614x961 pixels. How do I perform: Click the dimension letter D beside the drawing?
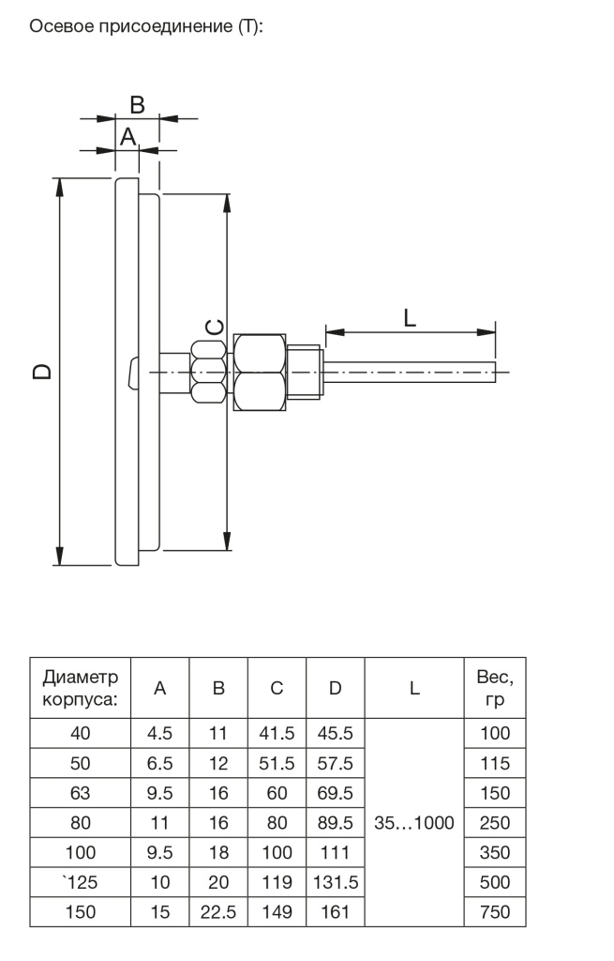(41, 372)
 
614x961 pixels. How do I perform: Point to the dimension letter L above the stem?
(410, 317)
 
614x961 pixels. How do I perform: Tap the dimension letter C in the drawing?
(215, 328)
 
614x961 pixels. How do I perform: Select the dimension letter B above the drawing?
(137, 105)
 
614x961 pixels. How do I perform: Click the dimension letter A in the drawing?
(127, 136)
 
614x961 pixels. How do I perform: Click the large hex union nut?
(260, 372)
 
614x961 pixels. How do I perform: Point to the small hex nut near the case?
(209, 372)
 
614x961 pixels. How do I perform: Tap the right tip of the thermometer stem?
(495, 372)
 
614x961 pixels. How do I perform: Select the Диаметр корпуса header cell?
(81, 688)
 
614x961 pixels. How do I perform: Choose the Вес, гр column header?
(495, 688)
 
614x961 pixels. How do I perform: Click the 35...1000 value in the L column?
(414, 822)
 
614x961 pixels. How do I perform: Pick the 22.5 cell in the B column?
(218, 912)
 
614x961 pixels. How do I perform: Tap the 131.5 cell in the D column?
(336, 882)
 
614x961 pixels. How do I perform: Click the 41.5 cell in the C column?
(277, 733)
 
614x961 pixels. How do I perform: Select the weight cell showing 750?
(495, 912)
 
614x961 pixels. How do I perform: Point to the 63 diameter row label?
(81, 793)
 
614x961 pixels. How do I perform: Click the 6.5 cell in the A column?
(159, 763)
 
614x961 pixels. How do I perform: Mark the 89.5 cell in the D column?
(336, 822)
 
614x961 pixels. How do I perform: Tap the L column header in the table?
(414, 688)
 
